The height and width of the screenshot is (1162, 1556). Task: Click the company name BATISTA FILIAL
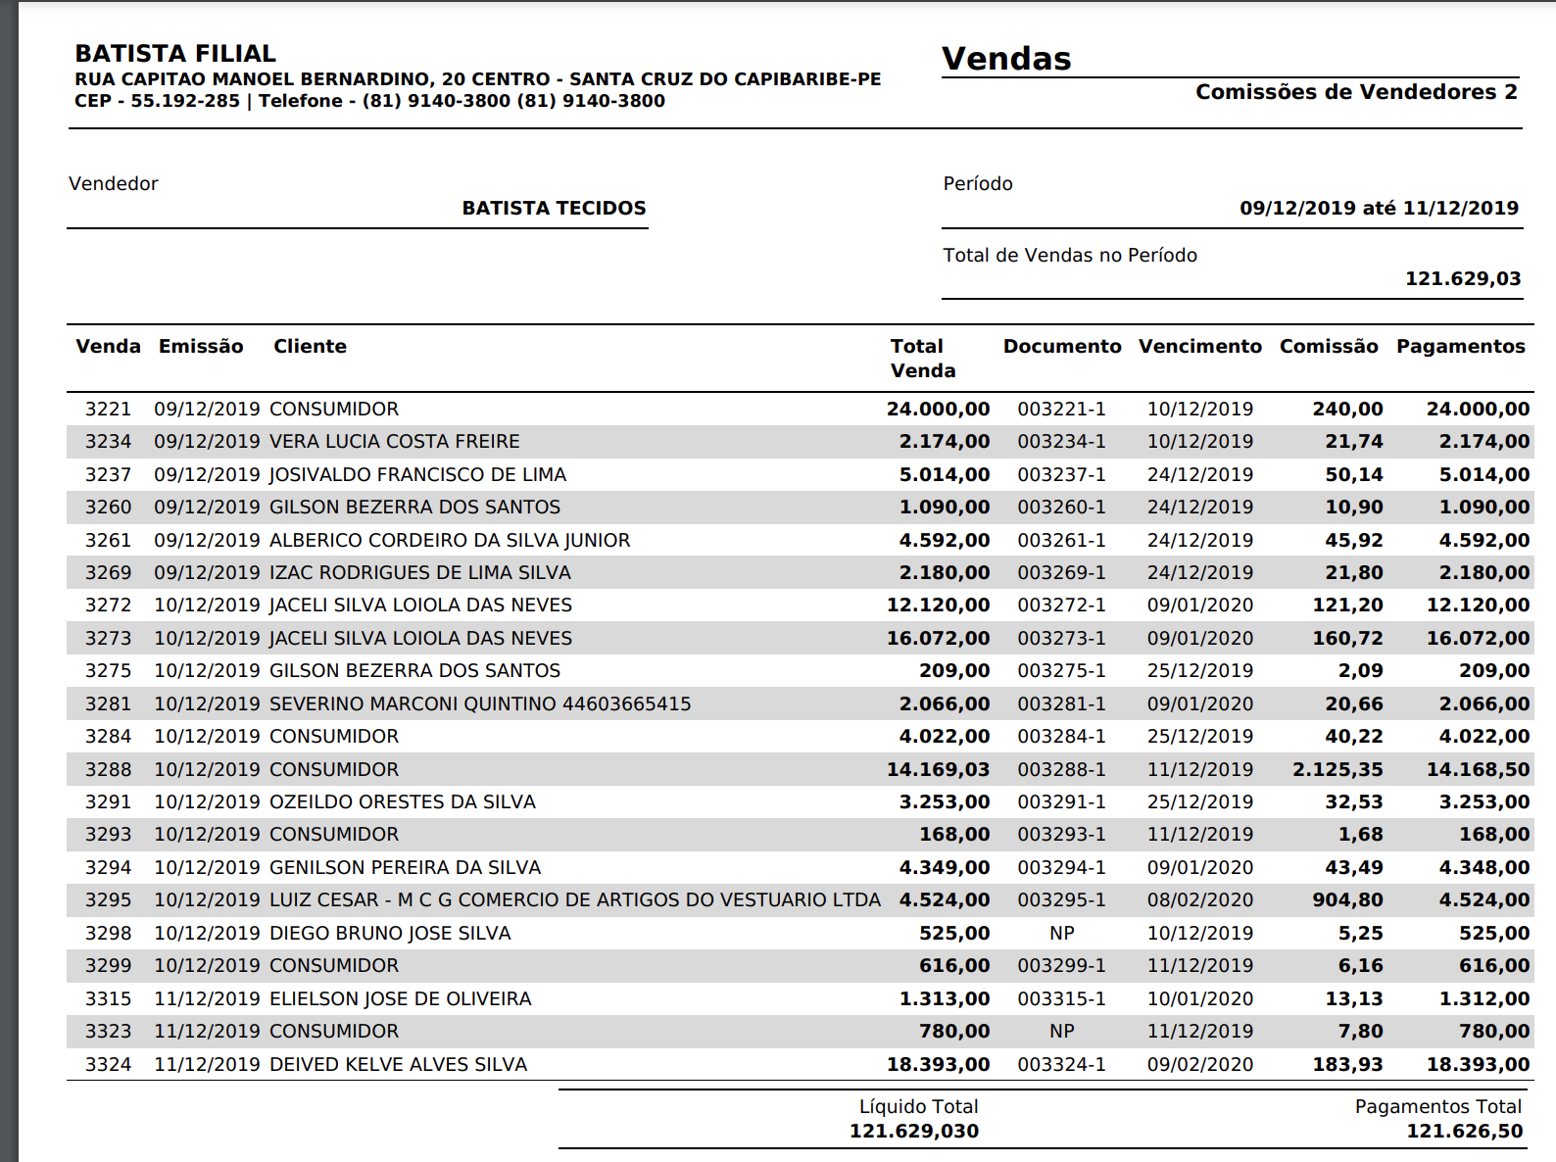(x=175, y=53)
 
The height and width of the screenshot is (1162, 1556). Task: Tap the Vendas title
(x=1006, y=59)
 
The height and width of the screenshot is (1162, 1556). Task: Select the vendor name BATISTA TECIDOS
(x=554, y=208)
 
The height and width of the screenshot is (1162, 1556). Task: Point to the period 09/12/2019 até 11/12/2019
(x=1379, y=208)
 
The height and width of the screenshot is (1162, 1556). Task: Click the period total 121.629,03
(x=1463, y=278)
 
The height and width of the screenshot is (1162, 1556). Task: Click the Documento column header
(x=1061, y=346)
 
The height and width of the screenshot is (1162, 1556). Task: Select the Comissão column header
(x=1328, y=346)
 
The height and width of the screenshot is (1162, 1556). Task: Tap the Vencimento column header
(x=1199, y=346)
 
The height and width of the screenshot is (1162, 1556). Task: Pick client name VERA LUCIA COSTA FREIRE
(x=394, y=442)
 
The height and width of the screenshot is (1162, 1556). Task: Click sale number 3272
(x=108, y=605)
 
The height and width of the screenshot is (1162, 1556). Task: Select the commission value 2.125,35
(x=1337, y=769)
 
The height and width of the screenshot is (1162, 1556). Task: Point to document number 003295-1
(x=1061, y=900)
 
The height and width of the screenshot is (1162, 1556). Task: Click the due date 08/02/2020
(x=1199, y=900)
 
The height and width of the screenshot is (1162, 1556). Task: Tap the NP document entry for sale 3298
(x=1061, y=933)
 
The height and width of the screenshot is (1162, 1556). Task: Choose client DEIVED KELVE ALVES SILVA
(x=398, y=1064)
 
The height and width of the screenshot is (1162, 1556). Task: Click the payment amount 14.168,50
(x=1478, y=769)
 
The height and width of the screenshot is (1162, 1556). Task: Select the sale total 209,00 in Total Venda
(x=954, y=671)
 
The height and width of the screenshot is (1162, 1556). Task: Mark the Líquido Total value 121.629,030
(x=913, y=1132)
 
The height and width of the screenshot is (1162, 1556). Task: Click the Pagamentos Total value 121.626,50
(x=1464, y=1132)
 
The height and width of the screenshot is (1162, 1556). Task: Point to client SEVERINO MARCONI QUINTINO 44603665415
(x=480, y=703)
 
